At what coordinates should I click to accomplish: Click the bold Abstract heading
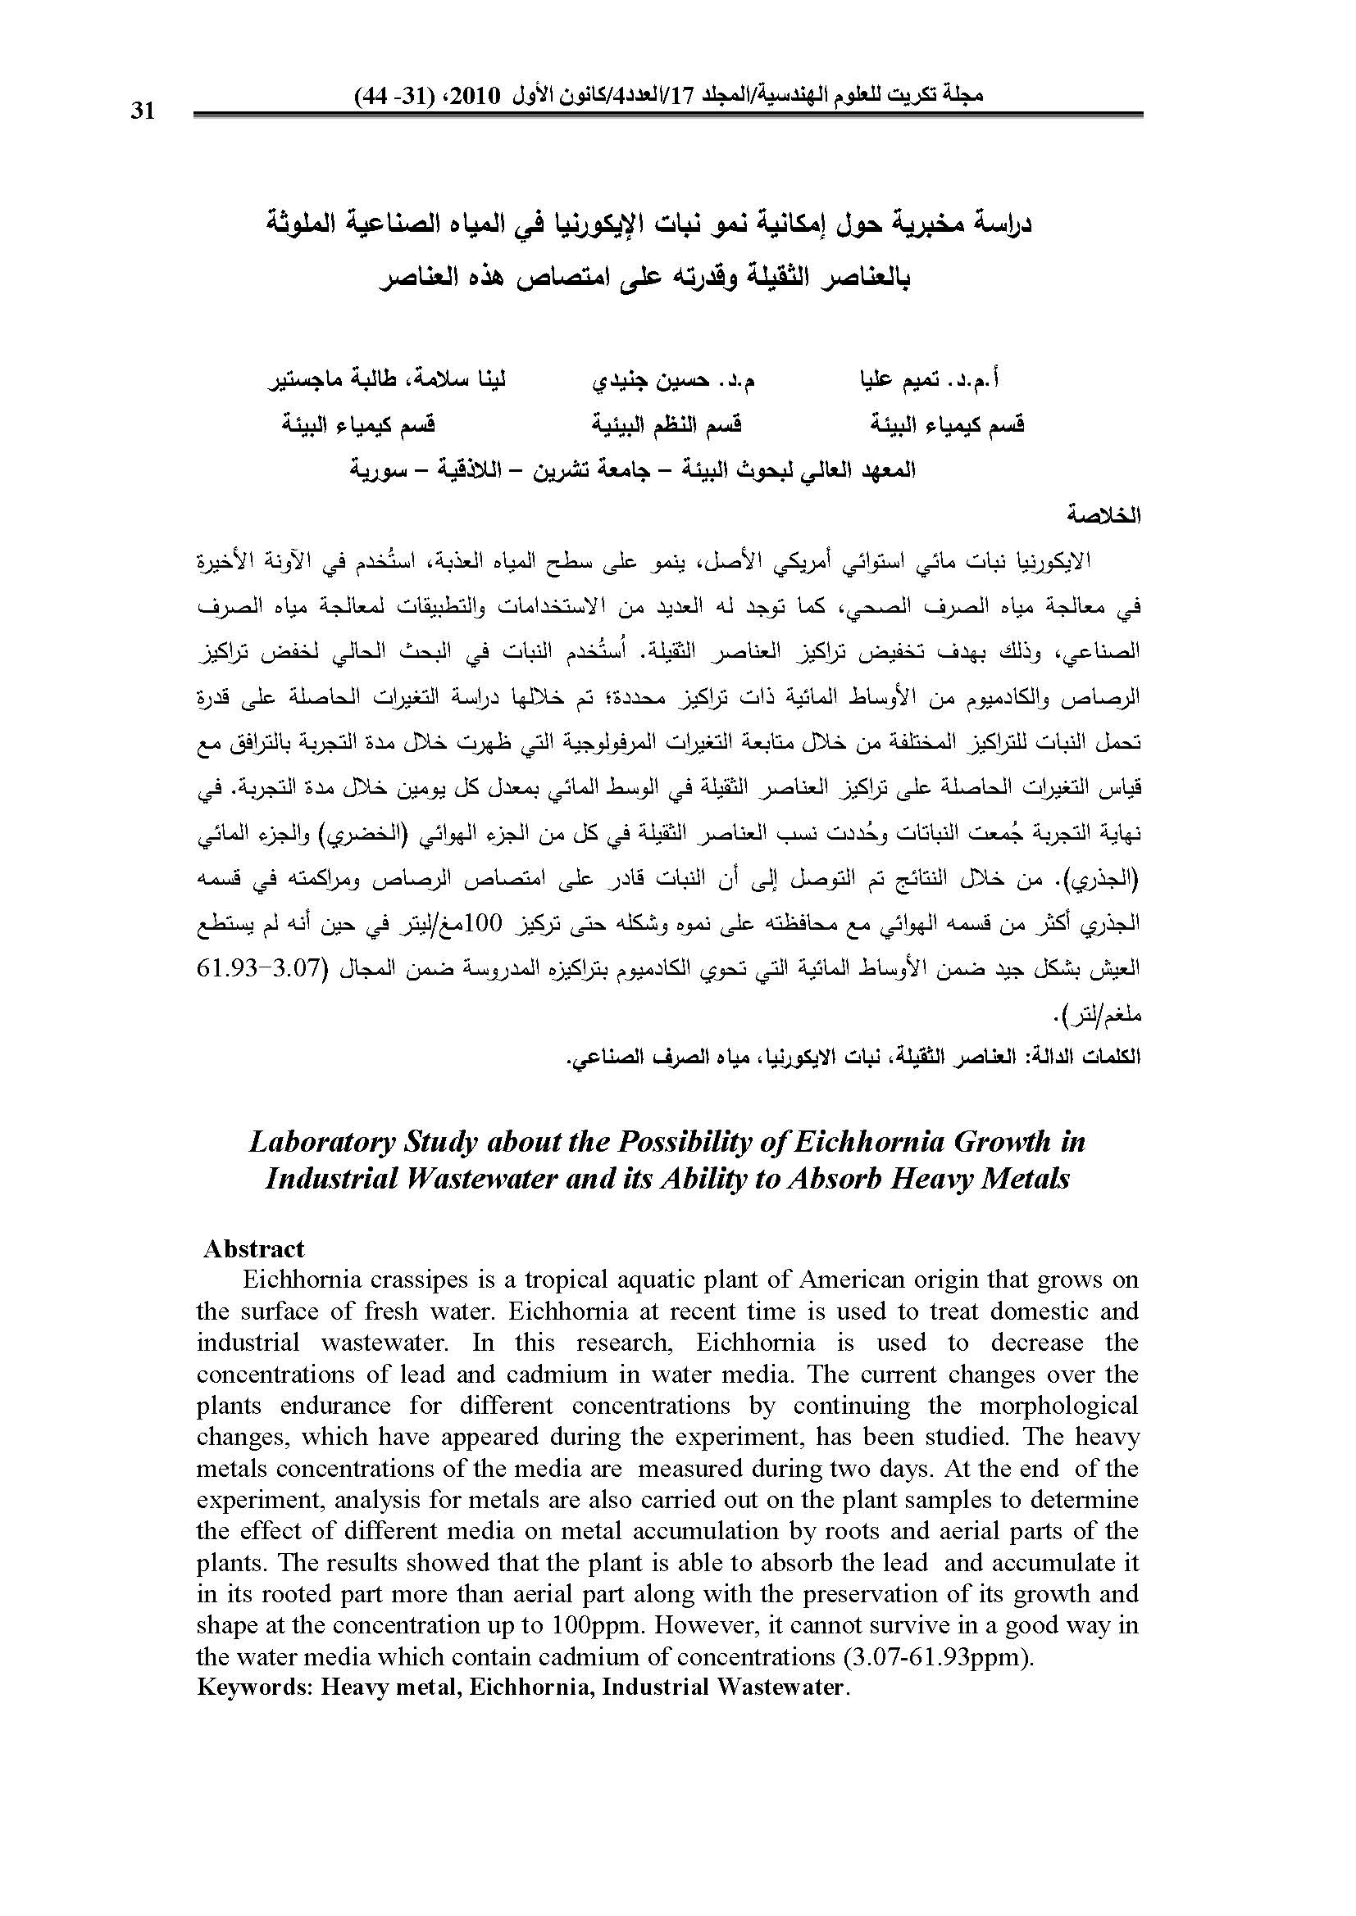254,1248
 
